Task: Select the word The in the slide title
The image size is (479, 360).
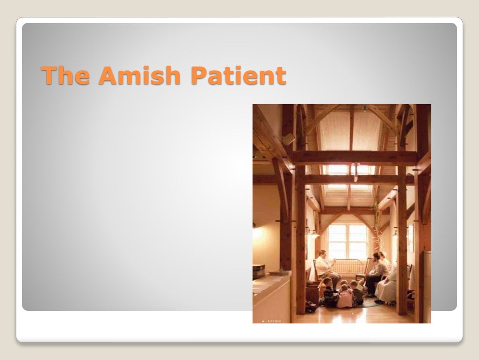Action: [x=66, y=75]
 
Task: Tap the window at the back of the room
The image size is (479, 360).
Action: [x=348, y=241]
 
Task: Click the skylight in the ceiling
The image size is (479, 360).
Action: [x=348, y=176]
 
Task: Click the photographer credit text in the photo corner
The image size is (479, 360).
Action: [x=271, y=321]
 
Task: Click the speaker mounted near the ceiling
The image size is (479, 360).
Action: [x=288, y=139]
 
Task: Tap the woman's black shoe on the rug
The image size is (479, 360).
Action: [x=378, y=301]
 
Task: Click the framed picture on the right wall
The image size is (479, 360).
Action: [x=411, y=238]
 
